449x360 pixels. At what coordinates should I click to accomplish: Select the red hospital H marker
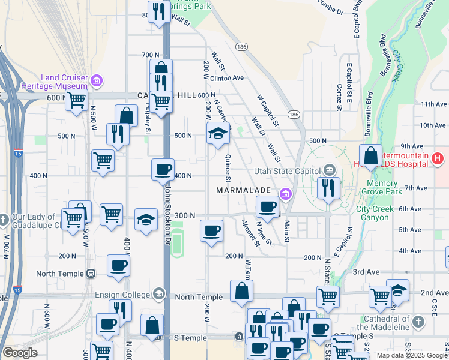(438, 159)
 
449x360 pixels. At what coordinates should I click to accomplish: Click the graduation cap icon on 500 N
(218, 134)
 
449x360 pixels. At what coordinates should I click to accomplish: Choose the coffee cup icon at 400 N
(163, 170)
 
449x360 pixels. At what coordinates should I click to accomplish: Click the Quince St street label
(228, 168)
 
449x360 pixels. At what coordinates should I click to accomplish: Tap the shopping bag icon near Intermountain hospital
(371, 155)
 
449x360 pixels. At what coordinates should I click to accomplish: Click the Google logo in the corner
(20, 353)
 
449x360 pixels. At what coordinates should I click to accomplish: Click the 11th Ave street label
(433, 104)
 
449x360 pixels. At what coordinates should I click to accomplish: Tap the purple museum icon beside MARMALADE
(285, 193)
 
